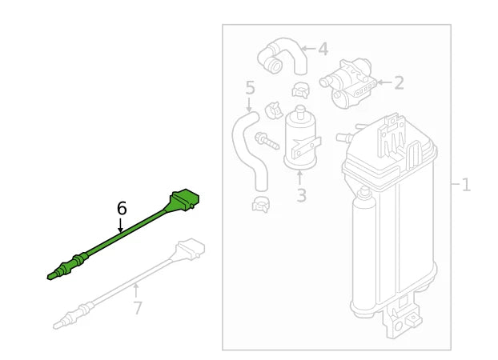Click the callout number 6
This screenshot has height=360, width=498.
(122, 209)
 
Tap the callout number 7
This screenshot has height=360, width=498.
(137, 307)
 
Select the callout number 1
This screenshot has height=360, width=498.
(465, 186)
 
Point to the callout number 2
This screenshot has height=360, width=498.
(398, 82)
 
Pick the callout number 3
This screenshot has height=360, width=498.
(300, 195)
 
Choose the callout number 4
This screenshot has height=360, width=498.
(323, 50)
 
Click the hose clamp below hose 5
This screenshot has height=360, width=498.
(262, 204)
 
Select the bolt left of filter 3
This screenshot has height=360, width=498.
(265, 142)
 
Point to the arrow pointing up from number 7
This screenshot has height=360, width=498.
(137, 290)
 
